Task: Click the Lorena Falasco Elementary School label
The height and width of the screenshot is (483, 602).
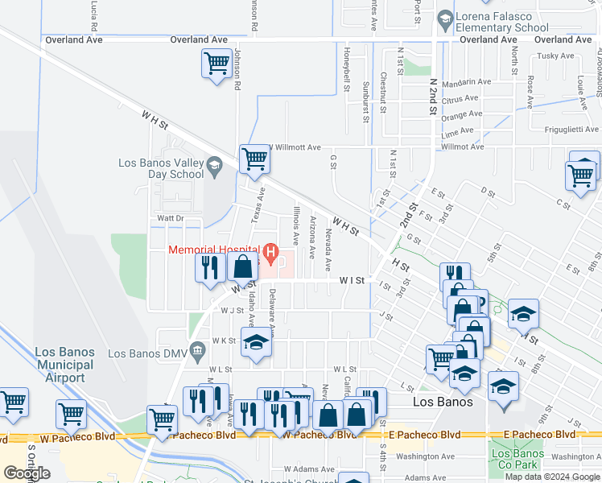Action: coord(502,23)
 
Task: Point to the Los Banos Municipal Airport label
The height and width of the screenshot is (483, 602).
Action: coord(65,365)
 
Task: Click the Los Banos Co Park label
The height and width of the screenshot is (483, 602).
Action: coord(517,459)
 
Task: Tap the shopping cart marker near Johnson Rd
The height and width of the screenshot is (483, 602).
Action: coord(216,63)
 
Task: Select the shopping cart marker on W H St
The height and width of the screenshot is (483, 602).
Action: coord(254,159)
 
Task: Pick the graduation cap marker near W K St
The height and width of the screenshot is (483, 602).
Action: coord(256,343)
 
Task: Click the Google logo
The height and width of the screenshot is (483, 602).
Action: coord(27,473)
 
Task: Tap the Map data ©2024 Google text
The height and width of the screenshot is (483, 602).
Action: coord(552,477)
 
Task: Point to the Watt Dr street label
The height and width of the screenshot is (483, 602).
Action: coord(170,218)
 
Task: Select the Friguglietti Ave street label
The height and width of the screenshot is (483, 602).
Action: coord(566,129)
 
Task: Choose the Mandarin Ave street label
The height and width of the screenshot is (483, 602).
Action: coord(464,82)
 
